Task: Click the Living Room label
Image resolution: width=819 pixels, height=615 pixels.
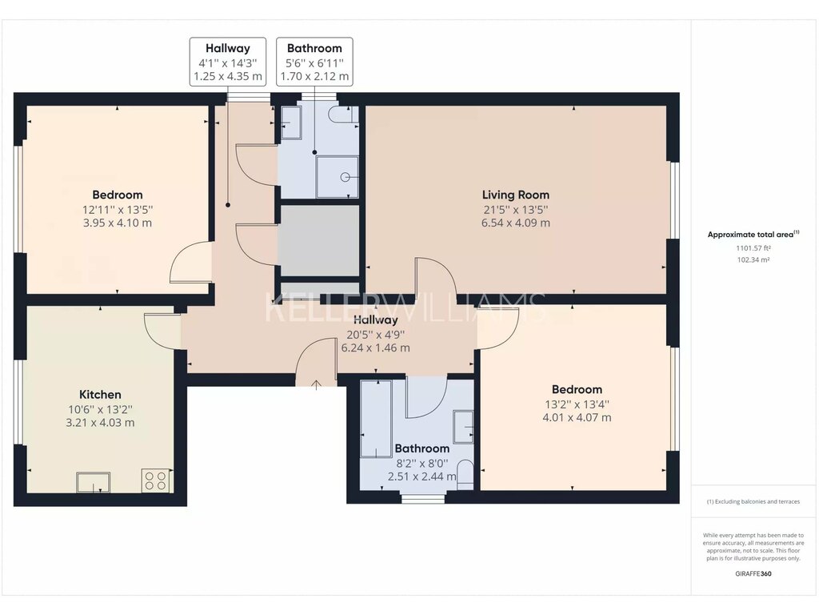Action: click(x=516, y=195)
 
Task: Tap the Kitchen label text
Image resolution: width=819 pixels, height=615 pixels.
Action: click(x=100, y=395)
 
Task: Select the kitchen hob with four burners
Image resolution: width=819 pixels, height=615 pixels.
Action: click(x=156, y=480)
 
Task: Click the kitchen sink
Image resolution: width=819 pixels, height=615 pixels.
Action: click(x=94, y=482)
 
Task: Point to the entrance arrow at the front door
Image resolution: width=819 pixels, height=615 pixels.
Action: click(x=316, y=385)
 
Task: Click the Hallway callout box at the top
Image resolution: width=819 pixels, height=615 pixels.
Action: click(x=228, y=62)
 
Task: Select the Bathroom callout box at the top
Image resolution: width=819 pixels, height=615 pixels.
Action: click(x=314, y=62)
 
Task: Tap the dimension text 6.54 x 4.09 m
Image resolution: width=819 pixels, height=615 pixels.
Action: click(x=516, y=223)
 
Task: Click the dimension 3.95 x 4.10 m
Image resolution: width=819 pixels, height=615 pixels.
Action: click(x=118, y=223)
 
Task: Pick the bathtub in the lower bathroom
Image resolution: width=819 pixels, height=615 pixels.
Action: click(x=376, y=419)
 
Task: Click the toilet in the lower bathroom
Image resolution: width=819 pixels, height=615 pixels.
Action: click(x=465, y=475)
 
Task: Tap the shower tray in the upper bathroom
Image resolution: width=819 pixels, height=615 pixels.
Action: click(x=337, y=177)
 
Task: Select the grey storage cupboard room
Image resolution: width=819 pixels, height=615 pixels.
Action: click(x=319, y=240)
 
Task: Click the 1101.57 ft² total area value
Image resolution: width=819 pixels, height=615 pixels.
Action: click(x=753, y=248)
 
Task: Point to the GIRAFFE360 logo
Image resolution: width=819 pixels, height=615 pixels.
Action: click(x=753, y=573)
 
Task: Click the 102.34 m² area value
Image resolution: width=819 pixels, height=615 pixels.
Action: click(x=753, y=260)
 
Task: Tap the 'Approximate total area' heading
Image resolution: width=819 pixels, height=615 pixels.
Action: click(x=753, y=235)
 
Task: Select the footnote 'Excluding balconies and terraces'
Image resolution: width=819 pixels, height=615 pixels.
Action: click(x=753, y=501)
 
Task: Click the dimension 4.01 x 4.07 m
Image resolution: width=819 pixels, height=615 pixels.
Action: click(x=577, y=417)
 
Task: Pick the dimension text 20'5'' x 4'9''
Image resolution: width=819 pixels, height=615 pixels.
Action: click(x=376, y=335)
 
